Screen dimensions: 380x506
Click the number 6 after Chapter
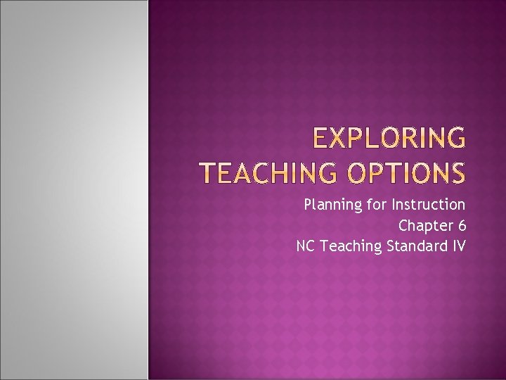tap(461, 226)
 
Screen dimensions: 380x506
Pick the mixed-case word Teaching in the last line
tap(349, 246)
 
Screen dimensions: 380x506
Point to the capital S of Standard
tap(390, 246)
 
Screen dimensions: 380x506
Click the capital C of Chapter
tap(403, 226)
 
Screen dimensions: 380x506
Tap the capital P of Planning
tap(308, 205)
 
